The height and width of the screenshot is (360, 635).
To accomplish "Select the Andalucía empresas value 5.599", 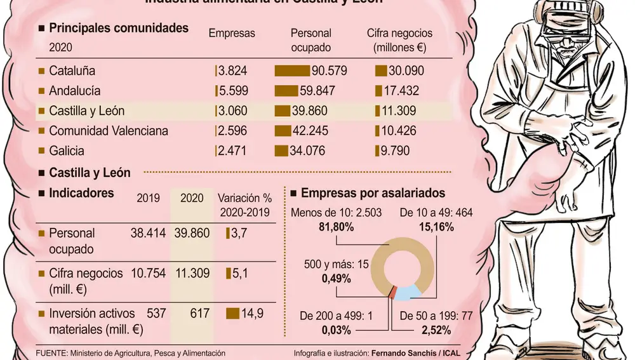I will pyautogui.click(x=232, y=91).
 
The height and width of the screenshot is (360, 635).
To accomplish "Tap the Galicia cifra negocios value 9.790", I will pyautogui.click(x=396, y=151).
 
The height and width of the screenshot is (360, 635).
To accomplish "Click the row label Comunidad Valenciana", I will pyautogui.click(x=109, y=131).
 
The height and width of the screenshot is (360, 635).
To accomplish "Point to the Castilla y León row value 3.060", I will pyautogui.click(x=232, y=111).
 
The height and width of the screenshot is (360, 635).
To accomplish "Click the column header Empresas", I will pyautogui.click(x=232, y=33).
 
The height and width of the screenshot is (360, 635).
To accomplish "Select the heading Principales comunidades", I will pyautogui.click(x=118, y=28).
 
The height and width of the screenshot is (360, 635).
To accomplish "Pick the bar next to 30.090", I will pyautogui.click(x=381, y=70).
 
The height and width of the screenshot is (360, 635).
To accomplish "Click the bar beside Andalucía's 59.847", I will pyautogui.click(x=286, y=91).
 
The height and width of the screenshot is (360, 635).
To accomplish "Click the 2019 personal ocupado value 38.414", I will pyautogui.click(x=148, y=234).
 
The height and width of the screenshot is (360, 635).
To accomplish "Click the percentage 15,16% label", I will pyautogui.click(x=436, y=225).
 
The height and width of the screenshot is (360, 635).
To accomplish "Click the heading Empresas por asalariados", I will pyautogui.click(x=373, y=193).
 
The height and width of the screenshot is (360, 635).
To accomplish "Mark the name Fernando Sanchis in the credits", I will pyautogui.click(x=399, y=353).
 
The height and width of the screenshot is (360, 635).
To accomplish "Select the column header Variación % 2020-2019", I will pyautogui.click(x=244, y=205).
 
